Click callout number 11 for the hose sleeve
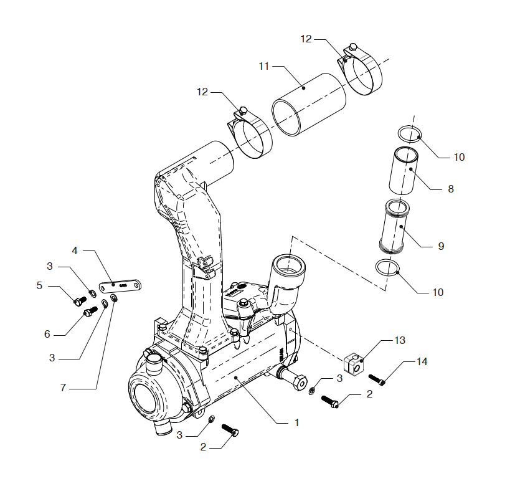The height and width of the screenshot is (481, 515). pos(264,67)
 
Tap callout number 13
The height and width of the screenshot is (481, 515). pos(400,340)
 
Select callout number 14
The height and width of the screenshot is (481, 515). pos(422,362)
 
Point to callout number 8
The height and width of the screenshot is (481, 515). pos(451,189)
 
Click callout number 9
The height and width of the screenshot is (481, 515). pos(441,246)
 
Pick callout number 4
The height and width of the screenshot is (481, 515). pos(75,251)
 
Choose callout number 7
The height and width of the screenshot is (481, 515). pos(63,388)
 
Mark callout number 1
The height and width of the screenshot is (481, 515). pos(296,422)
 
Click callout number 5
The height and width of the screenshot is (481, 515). pos(39,285)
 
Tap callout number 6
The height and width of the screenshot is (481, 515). pos(47,334)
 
